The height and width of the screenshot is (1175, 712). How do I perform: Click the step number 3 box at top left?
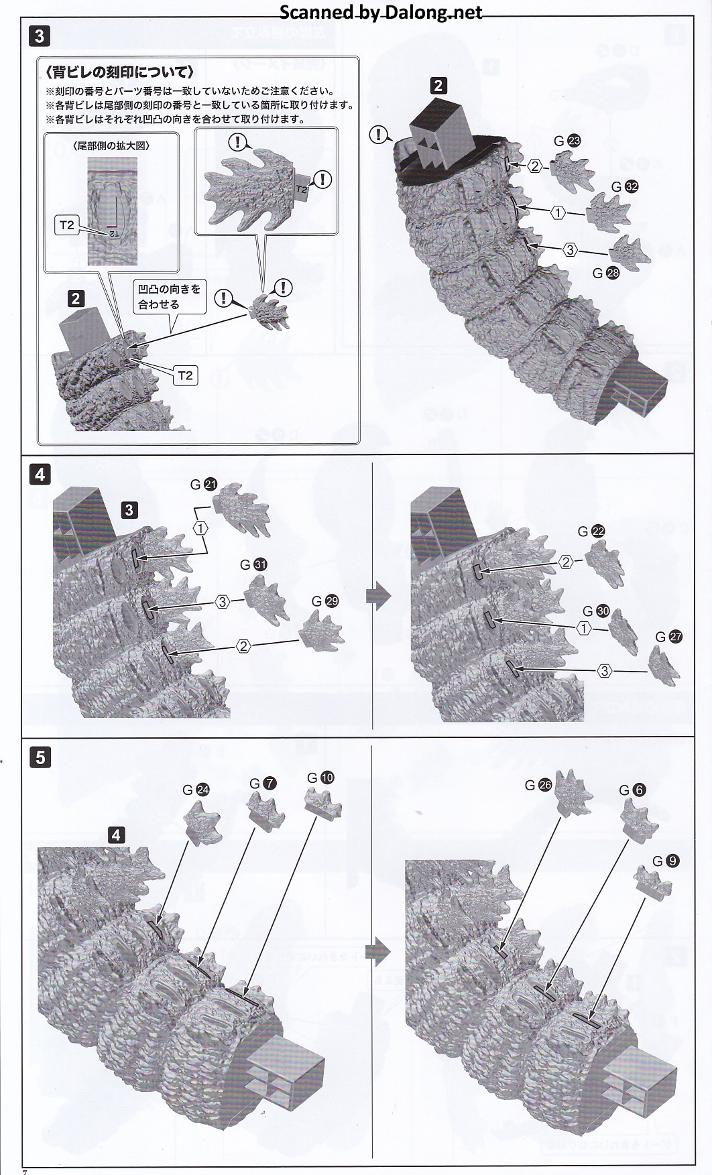pyautogui.click(x=39, y=36)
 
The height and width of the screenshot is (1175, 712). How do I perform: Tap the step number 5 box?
pyautogui.click(x=40, y=757)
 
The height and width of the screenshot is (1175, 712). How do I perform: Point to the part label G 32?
pyautogui.click(x=624, y=187)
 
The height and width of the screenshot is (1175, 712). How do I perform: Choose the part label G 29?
pyautogui.click(x=324, y=601)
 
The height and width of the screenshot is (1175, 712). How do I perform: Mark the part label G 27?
pyautogui.click(x=668, y=637)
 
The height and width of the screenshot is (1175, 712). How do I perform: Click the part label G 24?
pyautogui.click(x=196, y=790)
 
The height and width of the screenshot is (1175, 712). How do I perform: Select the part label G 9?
pyautogui.click(x=665, y=861)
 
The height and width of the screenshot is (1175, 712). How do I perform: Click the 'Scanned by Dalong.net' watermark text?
pyautogui.click(x=380, y=12)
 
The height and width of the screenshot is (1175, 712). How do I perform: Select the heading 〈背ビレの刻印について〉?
pyautogui.click(x=121, y=72)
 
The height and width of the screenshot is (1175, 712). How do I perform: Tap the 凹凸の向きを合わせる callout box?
pyautogui.click(x=169, y=296)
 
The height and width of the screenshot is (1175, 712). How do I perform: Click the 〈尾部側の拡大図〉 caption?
pyautogui.click(x=111, y=145)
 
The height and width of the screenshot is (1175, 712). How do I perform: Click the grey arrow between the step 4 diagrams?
pyautogui.click(x=379, y=596)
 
